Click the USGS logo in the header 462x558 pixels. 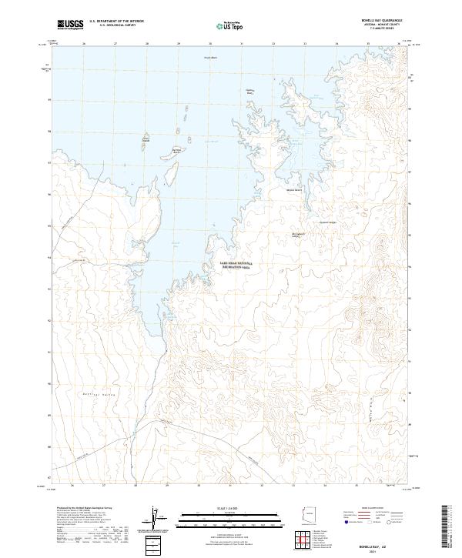click(x=72, y=25)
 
